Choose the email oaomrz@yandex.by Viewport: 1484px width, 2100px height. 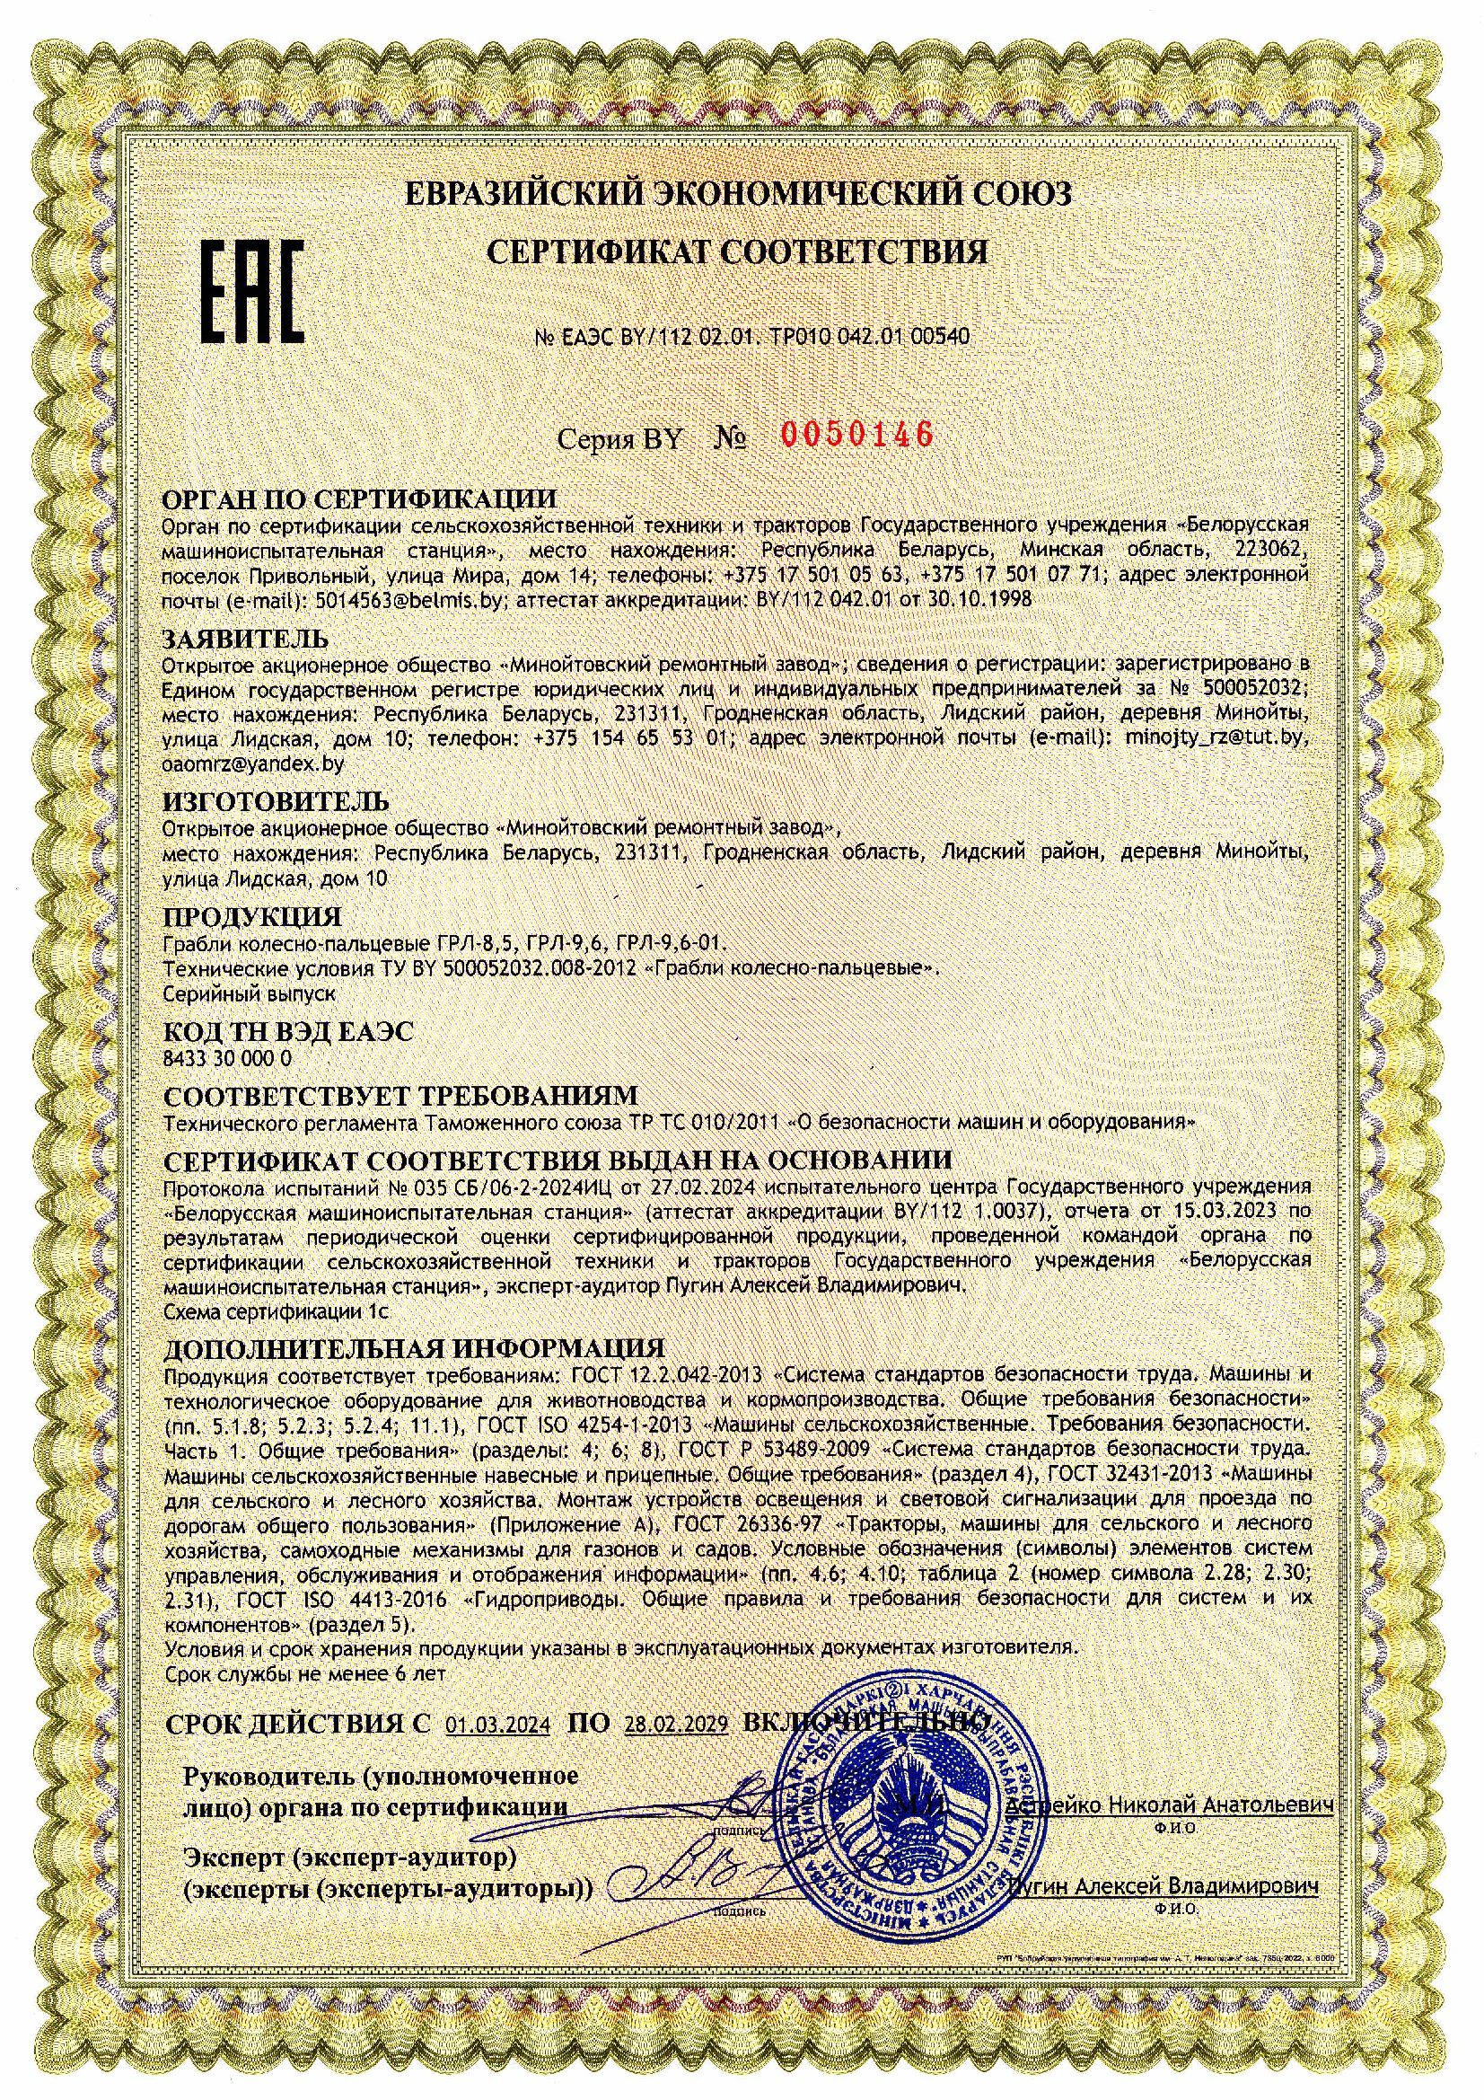point(252,761)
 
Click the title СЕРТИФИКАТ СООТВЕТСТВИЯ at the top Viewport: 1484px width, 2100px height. point(737,252)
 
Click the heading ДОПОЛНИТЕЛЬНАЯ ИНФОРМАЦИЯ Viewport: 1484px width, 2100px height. point(414,1348)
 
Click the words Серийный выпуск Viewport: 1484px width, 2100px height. point(249,992)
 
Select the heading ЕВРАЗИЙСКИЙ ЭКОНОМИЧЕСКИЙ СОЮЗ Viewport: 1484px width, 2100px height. point(737,194)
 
